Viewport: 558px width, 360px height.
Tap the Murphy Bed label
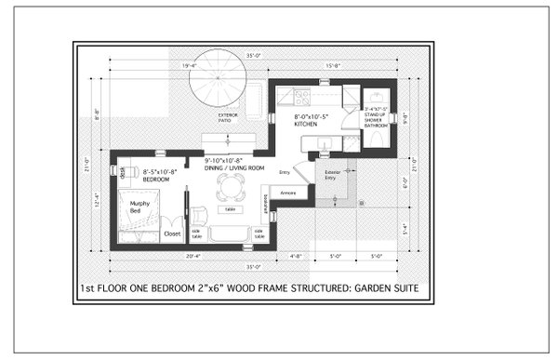click(139, 207)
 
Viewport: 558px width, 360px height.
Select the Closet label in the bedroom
click(172, 233)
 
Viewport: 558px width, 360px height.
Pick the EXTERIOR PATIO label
click(228, 117)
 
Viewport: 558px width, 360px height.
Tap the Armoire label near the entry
click(288, 193)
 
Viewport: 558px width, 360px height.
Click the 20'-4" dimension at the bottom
click(194, 254)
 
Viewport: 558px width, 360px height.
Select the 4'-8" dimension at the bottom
click(296, 254)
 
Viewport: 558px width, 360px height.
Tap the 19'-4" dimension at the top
click(189, 65)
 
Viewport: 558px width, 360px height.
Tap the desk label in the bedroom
click(123, 169)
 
